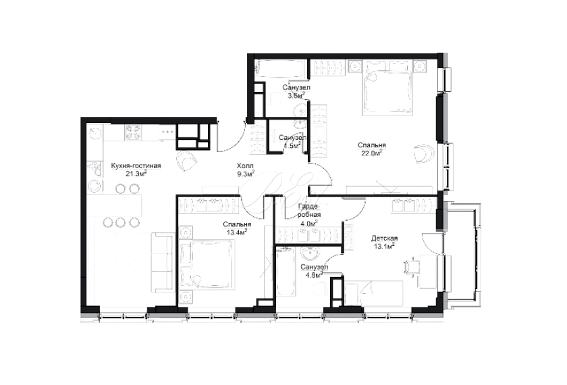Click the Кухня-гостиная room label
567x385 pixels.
[136, 165]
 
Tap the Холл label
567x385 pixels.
[245, 165]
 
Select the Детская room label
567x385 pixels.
[384, 238]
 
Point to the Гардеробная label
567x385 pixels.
[309, 210]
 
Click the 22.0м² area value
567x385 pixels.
[371, 153]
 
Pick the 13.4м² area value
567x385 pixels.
[237, 232]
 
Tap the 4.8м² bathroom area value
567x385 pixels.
[313, 275]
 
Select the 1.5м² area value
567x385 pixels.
[292, 145]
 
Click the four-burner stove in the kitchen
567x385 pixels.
[133, 132]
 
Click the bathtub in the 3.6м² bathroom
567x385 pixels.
[277, 69]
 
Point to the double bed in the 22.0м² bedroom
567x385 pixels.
[388, 88]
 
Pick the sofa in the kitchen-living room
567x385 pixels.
[161, 263]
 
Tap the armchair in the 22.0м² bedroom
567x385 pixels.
[424, 154]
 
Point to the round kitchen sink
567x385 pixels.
[95, 132]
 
